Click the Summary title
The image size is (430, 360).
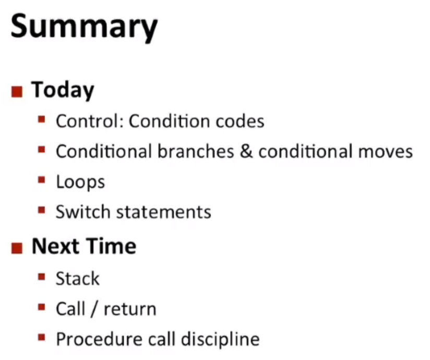84,28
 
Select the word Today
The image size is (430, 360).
63,90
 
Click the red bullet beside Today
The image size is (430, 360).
17,92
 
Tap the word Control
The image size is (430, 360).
88,121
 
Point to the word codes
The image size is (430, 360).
240,121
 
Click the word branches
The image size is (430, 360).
196,151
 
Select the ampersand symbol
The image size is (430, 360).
246,151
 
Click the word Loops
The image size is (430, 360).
80,182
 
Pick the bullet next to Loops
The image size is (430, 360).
41,180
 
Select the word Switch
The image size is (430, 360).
83,212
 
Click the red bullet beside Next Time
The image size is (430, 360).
17,248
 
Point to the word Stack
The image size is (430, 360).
78,279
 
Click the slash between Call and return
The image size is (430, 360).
94,309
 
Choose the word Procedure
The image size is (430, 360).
99,339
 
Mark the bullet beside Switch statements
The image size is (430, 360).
41,210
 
